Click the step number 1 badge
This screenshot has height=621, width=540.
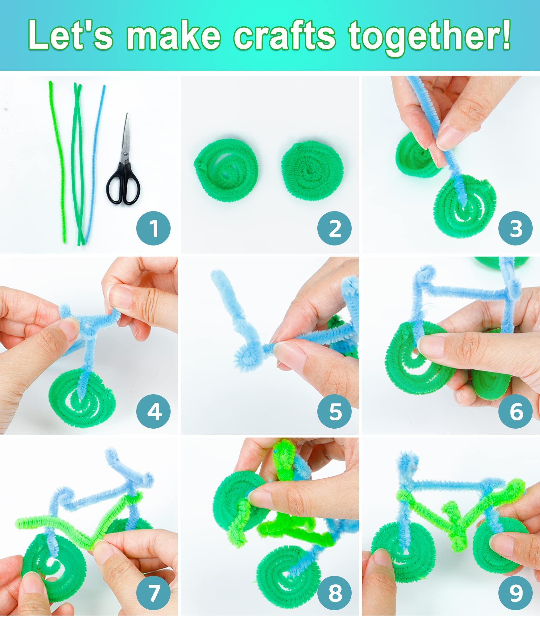click(x=153, y=228)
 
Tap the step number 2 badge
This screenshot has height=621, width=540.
click(x=334, y=228)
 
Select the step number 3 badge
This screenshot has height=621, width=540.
click(x=516, y=228)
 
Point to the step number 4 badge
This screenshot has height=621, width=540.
click(x=153, y=411)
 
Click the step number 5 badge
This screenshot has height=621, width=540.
click(x=334, y=411)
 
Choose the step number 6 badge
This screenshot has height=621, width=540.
click(x=516, y=411)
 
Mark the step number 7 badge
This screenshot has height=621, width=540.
click(x=153, y=593)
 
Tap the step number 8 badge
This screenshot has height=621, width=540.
click(x=334, y=593)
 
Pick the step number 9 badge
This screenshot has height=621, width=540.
click(x=516, y=593)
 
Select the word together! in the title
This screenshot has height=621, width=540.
click(x=429, y=37)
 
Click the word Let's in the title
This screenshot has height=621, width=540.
click(x=70, y=35)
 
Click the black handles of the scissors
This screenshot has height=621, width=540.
click(x=123, y=184)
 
